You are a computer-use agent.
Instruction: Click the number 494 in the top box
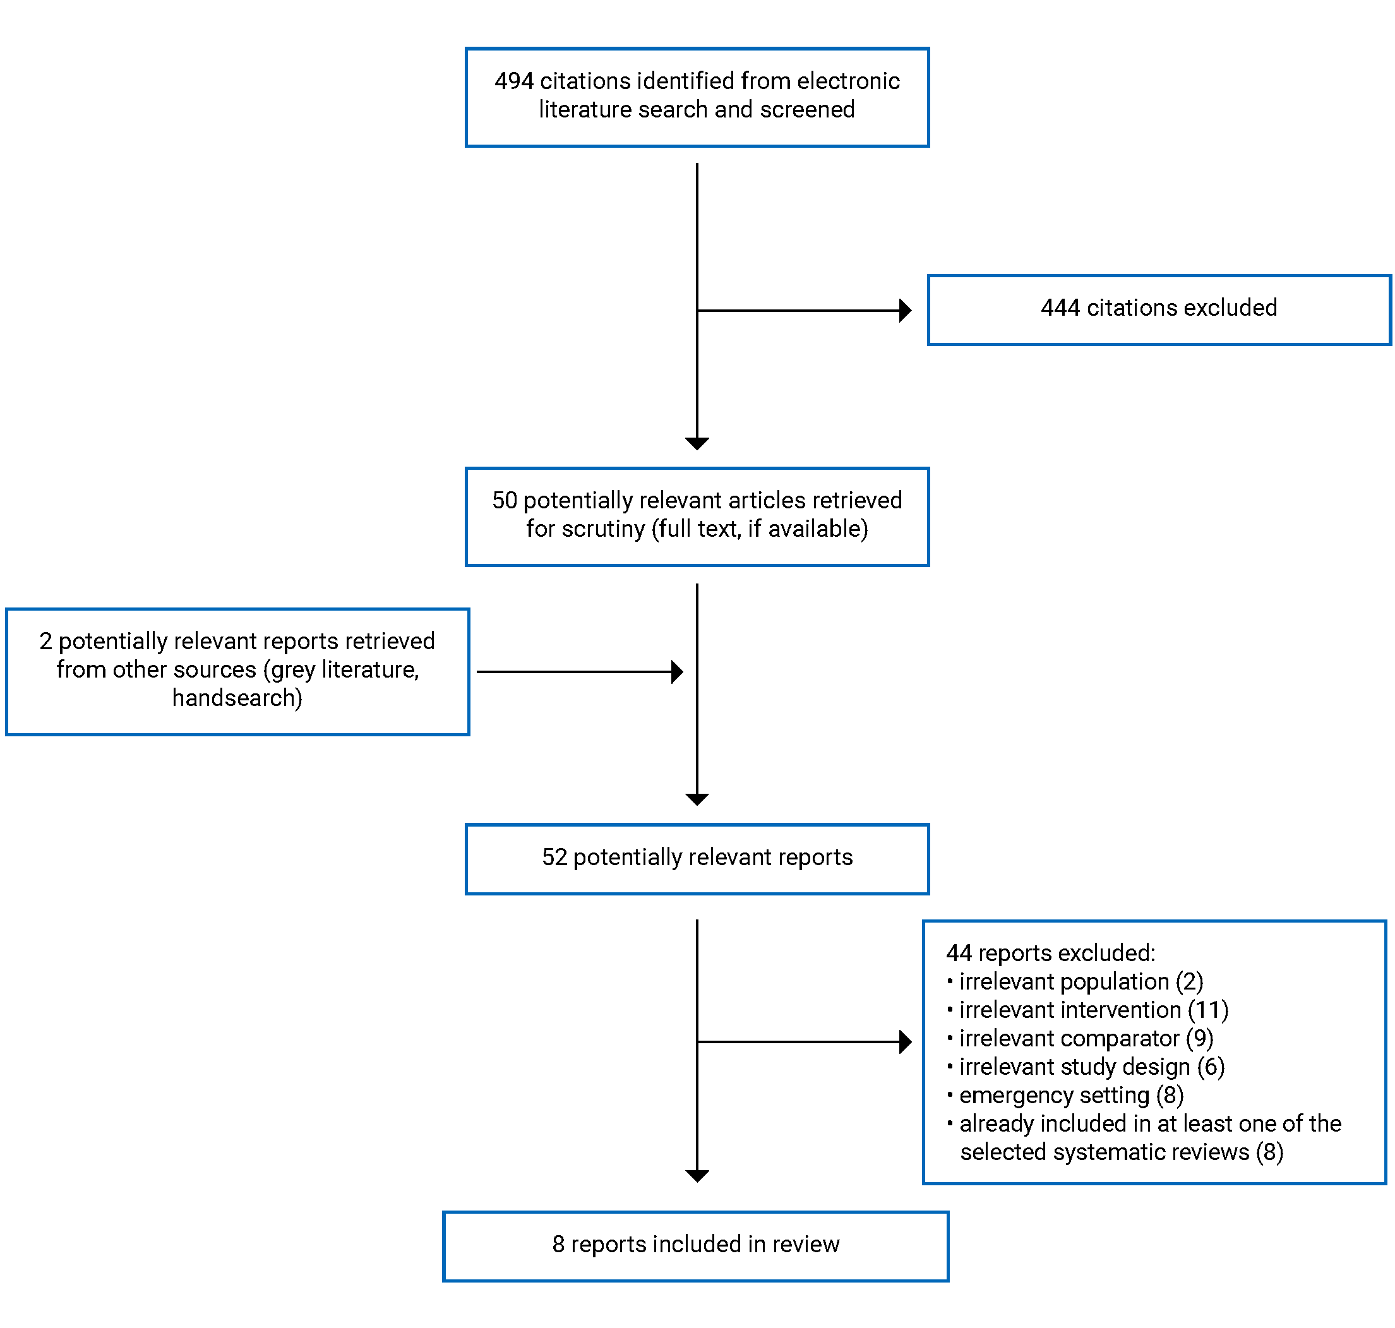pyautogui.click(x=513, y=81)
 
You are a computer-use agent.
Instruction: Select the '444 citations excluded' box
pyautogui.click(x=1158, y=309)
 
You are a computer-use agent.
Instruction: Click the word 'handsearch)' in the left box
pyautogui.click(x=237, y=698)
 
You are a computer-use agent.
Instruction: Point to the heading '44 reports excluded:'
pyautogui.click(x=1050, y=953)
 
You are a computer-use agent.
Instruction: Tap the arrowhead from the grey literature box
pyautogui.click(x=676, y=671)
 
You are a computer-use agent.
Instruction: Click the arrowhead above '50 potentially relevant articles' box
pyautogui.click(x=697, y=443)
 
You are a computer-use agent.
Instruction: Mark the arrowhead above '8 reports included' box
pyautogui.click(x=697, y=1176)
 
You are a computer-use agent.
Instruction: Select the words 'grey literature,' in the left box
pyautogui.click(x=345, y=669)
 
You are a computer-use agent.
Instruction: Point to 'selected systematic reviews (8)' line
pyautogui.click(x=1120, y=1152)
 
